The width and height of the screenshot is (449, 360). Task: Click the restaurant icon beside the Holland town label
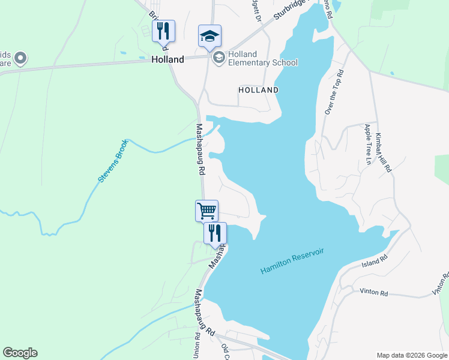163,31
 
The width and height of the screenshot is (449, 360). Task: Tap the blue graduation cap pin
210,36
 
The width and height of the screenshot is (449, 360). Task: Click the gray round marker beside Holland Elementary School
218,57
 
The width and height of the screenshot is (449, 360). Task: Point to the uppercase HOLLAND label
258,90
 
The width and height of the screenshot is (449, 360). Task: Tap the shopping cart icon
206,211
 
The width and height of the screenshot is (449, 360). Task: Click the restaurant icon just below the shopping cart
215,233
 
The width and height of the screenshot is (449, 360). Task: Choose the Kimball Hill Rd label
384,153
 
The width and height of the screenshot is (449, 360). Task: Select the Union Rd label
196,348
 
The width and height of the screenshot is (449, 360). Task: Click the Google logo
20,353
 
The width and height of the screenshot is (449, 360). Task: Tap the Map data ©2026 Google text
411,355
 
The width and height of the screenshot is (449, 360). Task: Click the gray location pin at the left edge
20,58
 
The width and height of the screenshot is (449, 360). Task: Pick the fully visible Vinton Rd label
374,292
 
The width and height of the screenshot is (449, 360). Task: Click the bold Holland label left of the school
167,60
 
